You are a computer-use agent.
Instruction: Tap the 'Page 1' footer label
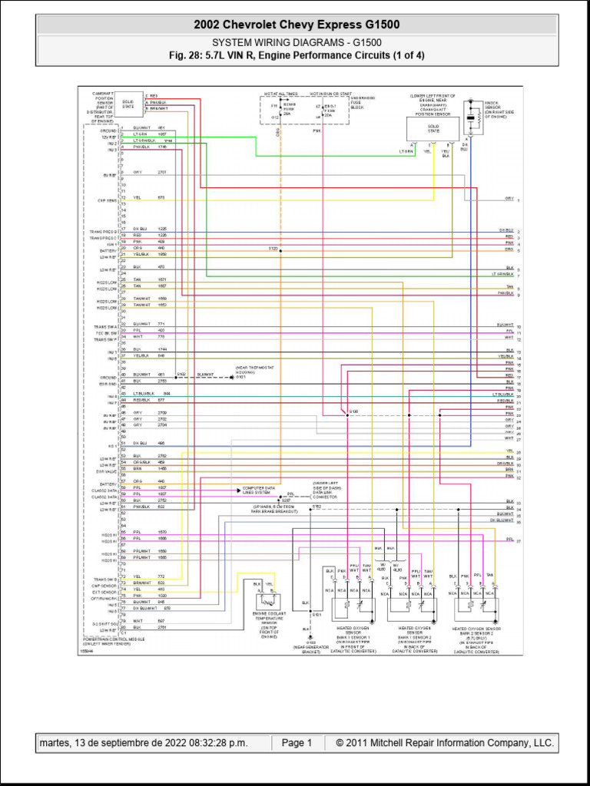point(297,743)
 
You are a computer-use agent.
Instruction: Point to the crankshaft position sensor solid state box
point(433,128)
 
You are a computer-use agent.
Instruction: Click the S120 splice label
point(273,249)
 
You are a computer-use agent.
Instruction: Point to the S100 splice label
point(353,412)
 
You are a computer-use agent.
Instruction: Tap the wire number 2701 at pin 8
point(161,173)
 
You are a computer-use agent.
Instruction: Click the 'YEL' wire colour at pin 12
point(137,197)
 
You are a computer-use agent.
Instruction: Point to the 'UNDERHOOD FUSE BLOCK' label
point(363,103)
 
